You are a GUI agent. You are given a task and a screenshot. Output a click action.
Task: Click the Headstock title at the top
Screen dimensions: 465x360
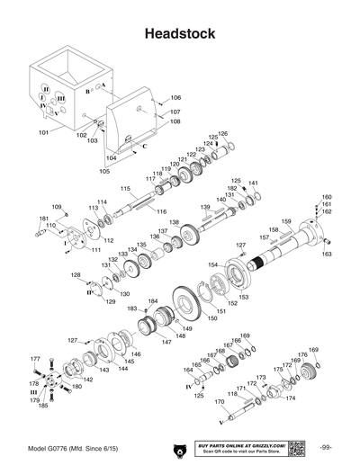pos(180,33)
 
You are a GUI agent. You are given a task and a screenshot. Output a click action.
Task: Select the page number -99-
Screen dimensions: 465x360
pos(326,448)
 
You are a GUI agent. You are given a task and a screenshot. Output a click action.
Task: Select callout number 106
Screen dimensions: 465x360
pos(175,97)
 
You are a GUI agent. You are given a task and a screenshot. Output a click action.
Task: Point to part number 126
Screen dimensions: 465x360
pos(223,134)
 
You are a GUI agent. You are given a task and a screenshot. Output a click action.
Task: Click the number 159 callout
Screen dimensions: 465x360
pos(287,221)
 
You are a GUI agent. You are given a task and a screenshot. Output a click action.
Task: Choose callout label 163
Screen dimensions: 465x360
pos(327,255)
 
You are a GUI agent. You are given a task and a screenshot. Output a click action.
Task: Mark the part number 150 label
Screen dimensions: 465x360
pos(212,318)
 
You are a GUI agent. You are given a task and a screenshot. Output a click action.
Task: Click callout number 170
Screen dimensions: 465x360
pos(219,416)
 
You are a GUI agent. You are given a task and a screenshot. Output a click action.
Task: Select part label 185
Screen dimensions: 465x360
pos(41,407)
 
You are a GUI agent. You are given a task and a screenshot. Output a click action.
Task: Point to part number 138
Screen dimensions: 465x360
pos(174,222)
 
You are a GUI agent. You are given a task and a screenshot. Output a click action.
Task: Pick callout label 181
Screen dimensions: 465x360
pos(43,219)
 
